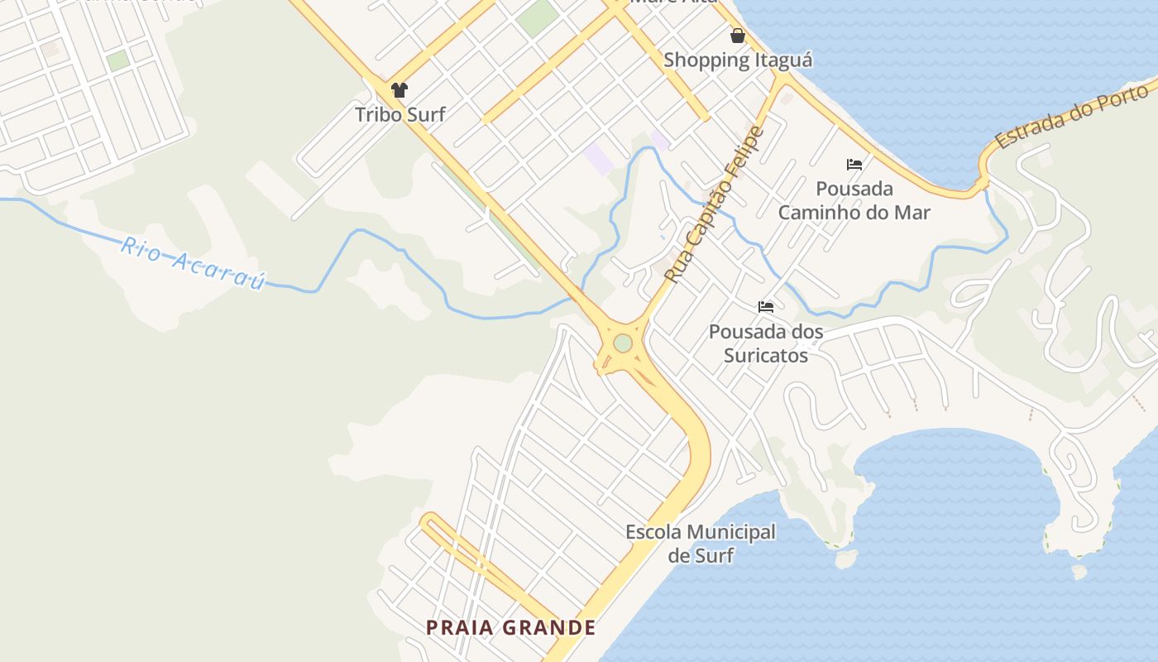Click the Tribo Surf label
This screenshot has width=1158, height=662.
coord(400,115)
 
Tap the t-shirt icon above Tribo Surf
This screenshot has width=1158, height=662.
coord(400,90)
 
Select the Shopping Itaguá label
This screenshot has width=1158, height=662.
coord(738,60)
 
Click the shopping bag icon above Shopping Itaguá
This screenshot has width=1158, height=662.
coord(738,36)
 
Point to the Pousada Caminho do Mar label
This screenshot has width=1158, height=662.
coord(854,200)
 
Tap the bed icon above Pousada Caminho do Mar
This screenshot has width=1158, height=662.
coord(854,165)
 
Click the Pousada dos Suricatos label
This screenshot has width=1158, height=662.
coord(766,343)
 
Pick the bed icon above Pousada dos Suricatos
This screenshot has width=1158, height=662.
coord(766,307)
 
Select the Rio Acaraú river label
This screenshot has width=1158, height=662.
coord(194,262)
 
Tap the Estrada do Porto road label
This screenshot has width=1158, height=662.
coord(1075,114)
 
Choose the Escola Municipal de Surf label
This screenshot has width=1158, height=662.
coord(701,544)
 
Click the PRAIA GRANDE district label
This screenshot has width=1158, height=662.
coord(511,628)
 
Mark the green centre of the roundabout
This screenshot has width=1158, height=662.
coord(623,343)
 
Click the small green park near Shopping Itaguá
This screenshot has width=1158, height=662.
coord(538,17)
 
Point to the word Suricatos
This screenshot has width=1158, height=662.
coord(766,356)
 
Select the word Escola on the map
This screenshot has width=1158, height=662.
coord(653,532)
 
